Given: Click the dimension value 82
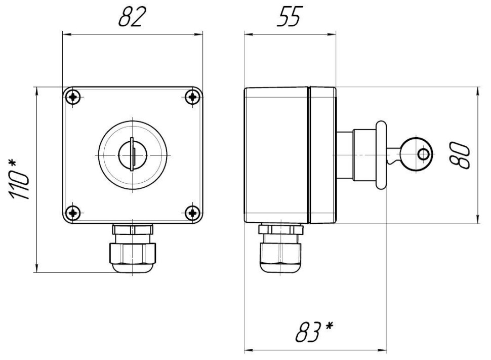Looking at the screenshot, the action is (x=132, y=17).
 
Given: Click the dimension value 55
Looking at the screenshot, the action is (x=290, y=17).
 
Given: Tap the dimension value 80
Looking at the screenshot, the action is (x=460, y=155).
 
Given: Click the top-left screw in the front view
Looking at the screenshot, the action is (x=73, y=97).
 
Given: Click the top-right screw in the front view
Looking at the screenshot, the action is (x=192, y=97).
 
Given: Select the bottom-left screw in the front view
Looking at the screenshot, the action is (x=73, y=213).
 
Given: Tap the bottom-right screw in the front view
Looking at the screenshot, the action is (x=192, y=213).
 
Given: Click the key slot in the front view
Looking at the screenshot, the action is (x=133, y=154).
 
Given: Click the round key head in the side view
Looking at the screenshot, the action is (x=417, y=154).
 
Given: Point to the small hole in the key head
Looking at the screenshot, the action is (x=424, y=154).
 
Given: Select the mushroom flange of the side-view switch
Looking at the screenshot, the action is (x=381, y=155).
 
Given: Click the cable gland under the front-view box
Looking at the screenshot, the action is (x=133, y=248).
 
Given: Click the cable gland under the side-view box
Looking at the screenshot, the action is (x=281, y=248).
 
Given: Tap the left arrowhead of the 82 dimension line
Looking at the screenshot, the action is (x=66, y=34).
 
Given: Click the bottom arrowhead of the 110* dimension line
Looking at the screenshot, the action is (x=37, y=268).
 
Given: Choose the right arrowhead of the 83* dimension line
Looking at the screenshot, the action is (x=382, y=350).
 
